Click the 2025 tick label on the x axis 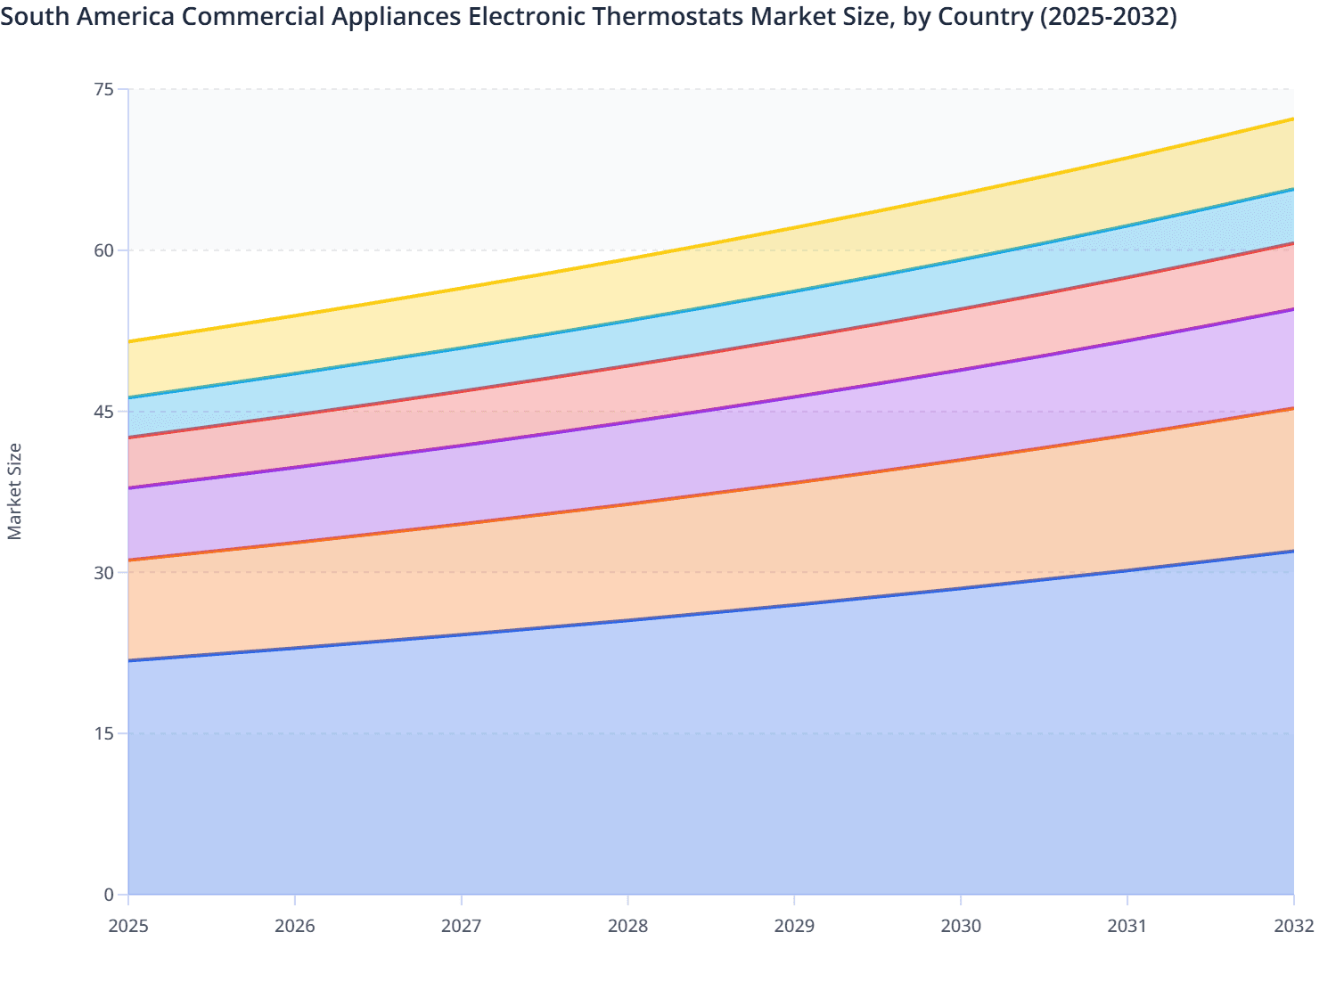[x=128, y=927]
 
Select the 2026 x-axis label [x=295, y=927]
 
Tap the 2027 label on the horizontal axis [x=461, y=927]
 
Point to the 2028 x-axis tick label [x=627, y=927]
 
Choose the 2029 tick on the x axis [x=794, y=927]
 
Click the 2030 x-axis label [x=961, y=927]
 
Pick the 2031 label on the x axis [x=1127, y=927]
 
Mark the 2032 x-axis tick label [x=1293, y=927]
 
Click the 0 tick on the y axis [x=109, y=895]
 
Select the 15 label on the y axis [x=104, y=733]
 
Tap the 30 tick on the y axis [x=104, y=572]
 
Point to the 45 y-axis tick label [x=104, y=412]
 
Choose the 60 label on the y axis [x=104, y=250]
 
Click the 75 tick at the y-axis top [x=104, y=89]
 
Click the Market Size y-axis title [x=15, y=491]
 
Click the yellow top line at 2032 [x=1292, y=119]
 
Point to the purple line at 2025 [x=130, y=487]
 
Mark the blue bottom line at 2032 [x=1292, y=552]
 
